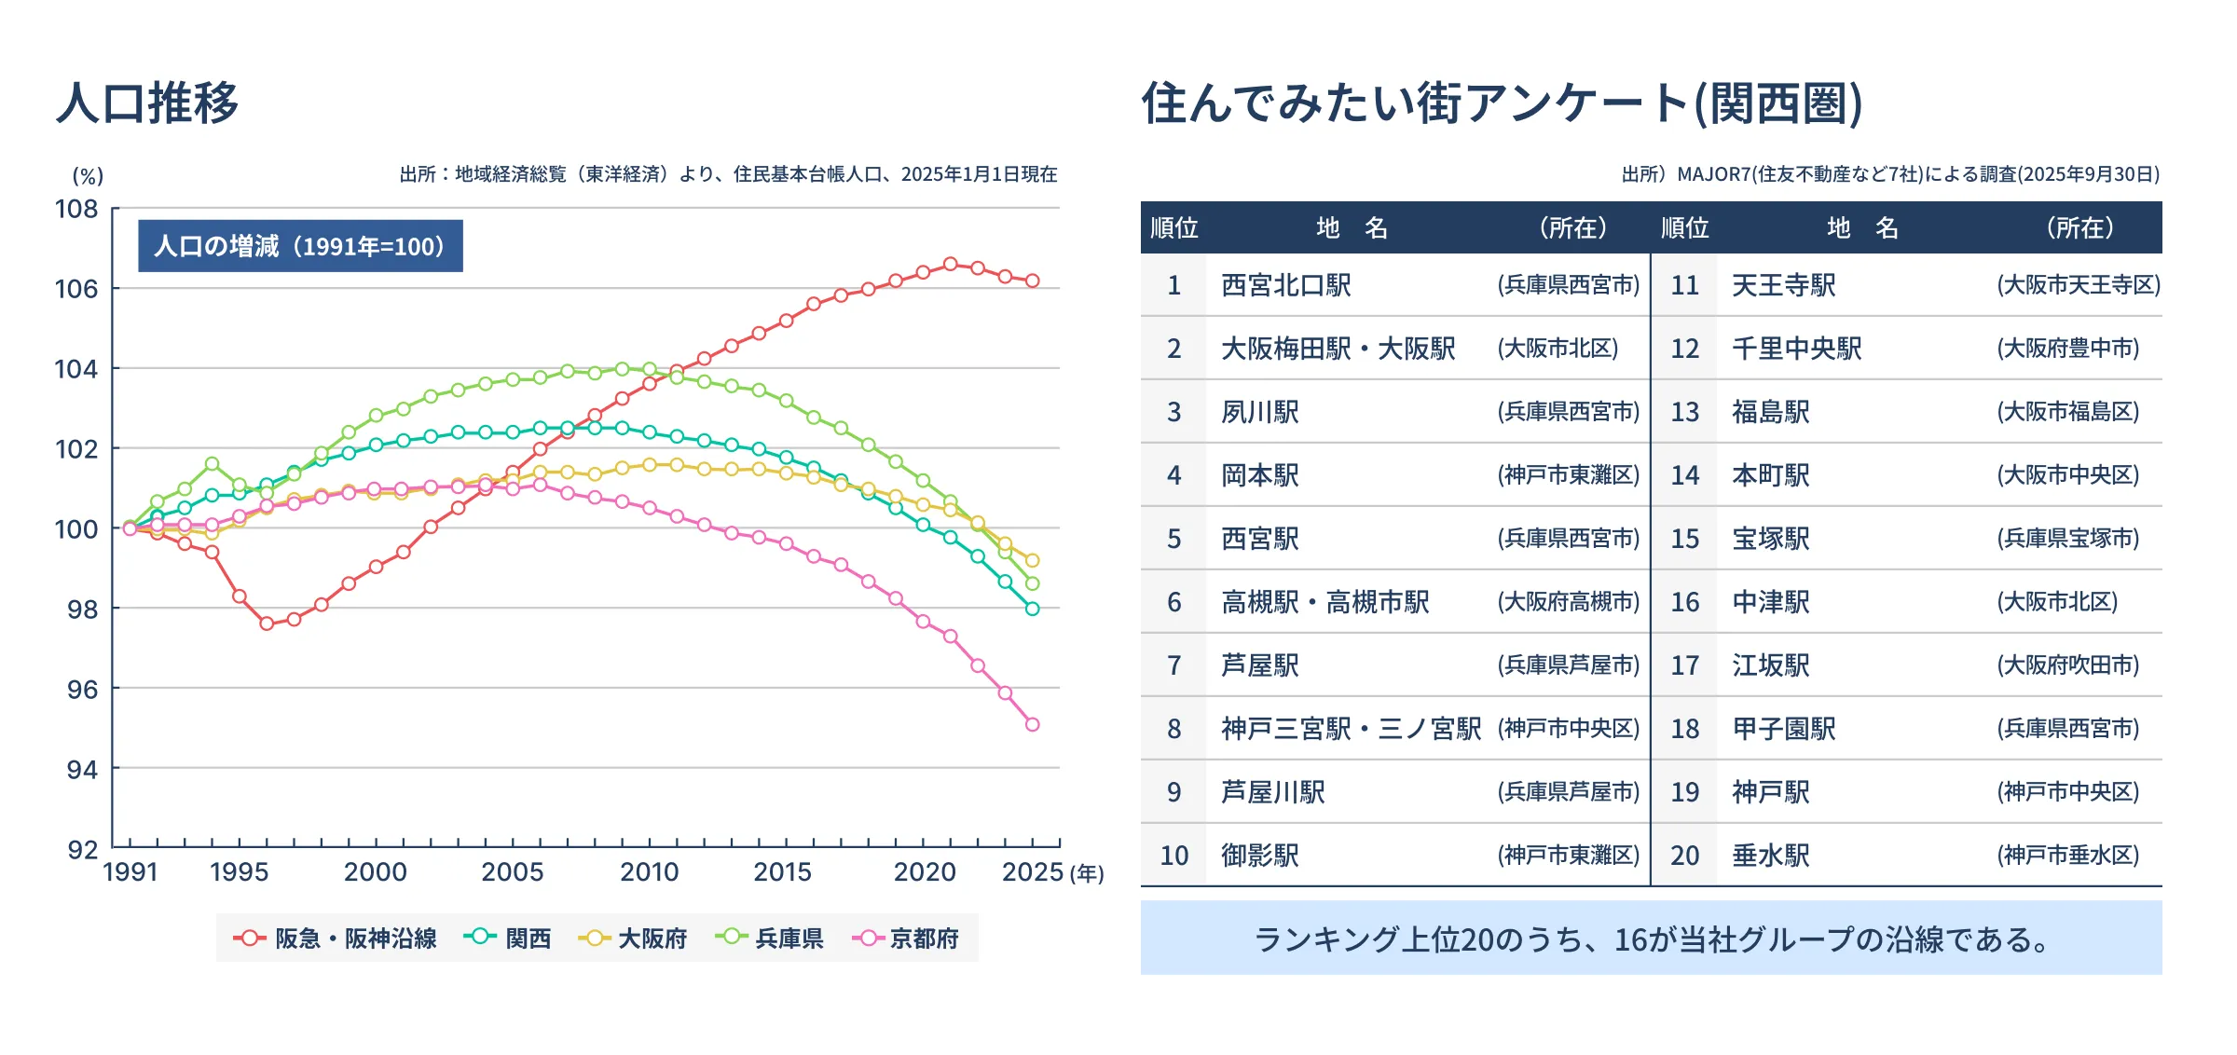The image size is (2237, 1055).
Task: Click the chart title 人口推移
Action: pyautogui.click(x=147, y=103)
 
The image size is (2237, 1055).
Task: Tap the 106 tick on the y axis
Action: pyautogui.click(x=76, y=289)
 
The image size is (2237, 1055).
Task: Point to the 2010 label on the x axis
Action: pyautogui.click(x=650, y=872)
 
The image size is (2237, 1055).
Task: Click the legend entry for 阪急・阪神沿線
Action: pyautogui.click(x=336, y=939)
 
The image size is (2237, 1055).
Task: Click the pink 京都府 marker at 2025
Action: pyautogui.click(x=1032, y=724)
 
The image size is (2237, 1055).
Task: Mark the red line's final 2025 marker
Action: pyautogui.click(x=1032, y=281)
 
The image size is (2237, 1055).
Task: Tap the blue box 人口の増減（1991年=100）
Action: pyautogui.click(x=300, y=246)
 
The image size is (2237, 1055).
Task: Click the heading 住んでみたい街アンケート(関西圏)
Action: pyautogui.click(x=1502, y=103)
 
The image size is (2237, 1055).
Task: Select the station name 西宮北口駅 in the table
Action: pyautogui.click(x=1286, y=285)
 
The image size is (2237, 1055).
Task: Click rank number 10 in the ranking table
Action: pyautogui.click(x=1173, y=856)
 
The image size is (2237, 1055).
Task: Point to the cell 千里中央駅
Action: pyautogui.click(x=1796, y=349)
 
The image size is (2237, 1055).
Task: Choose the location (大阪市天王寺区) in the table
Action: pyautogui.click(x=2078, y=285)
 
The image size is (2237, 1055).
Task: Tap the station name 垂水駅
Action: pyautogui.click(x=1770, y=856)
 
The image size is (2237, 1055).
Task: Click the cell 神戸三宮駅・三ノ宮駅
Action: pyautogui.click(x=1351, y=729)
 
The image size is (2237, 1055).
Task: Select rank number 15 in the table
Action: pyautogui.click(x=1684, y=539)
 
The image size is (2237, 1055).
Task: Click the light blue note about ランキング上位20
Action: pyautogui.click(x=1651, y=939)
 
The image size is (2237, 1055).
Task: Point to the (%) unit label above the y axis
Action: pyautogui.click(x=89, y=176)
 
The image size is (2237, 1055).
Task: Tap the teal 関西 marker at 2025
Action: pyautogui.click(x=1032, y=609)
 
